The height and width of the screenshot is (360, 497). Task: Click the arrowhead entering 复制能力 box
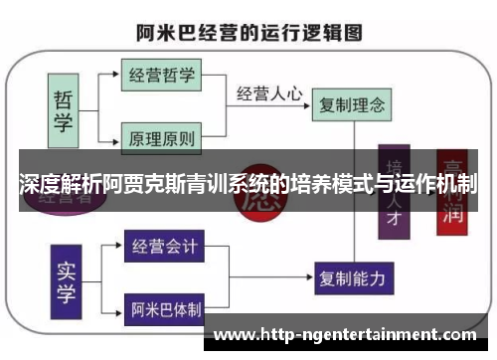click(310, 274)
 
